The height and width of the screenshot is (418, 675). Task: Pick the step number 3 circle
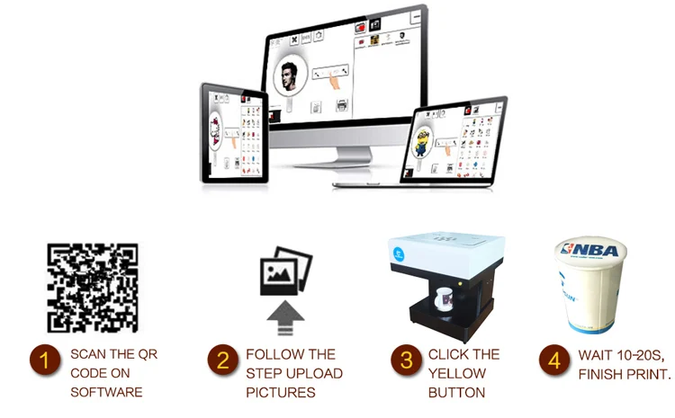[406, 361]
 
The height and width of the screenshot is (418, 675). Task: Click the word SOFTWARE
[107, 392]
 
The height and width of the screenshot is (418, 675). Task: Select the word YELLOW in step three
[458, 373]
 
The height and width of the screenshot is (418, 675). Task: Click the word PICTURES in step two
[280, 392]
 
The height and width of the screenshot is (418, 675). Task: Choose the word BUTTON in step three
[458, 392]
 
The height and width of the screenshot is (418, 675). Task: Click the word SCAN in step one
[89, 354]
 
